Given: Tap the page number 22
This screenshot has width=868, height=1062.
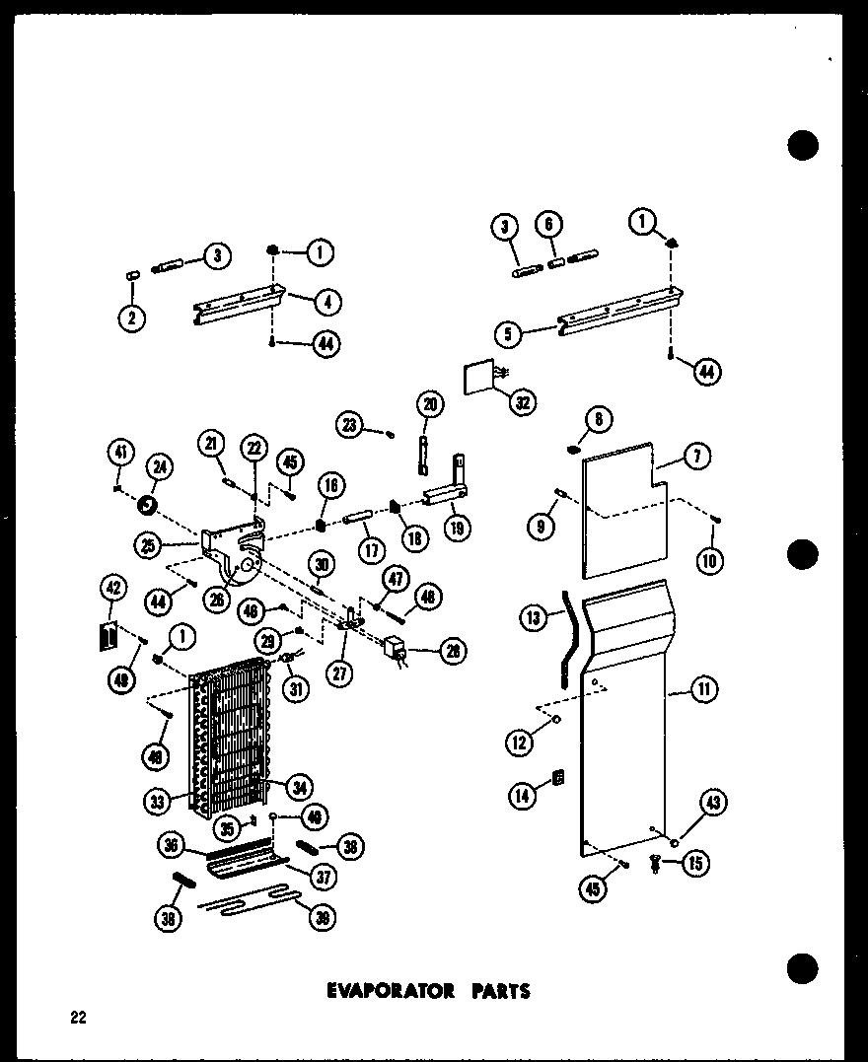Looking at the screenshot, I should coord(77,1018).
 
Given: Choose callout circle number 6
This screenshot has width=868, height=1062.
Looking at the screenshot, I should coord(549,226).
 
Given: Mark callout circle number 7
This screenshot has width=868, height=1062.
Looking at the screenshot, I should coord(698,457).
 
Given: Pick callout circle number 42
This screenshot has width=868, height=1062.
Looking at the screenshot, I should coord(113,590).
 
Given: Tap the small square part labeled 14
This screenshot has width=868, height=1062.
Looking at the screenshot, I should coord(558,779).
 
